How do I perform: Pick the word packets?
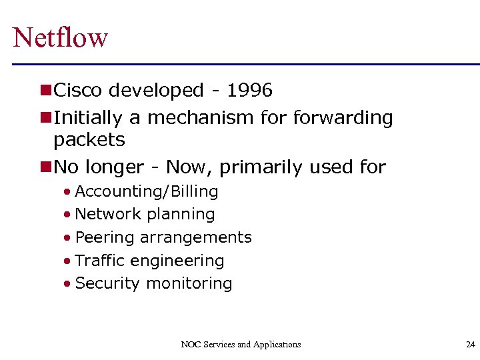pyautogui.click(x=89, y=140)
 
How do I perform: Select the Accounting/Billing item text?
pyautogui.click(x=147, y=192)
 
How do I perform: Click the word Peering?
pyautogui.click(x=101, y=238)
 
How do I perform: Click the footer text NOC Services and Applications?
pyautogui.click(x=241, y=345)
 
